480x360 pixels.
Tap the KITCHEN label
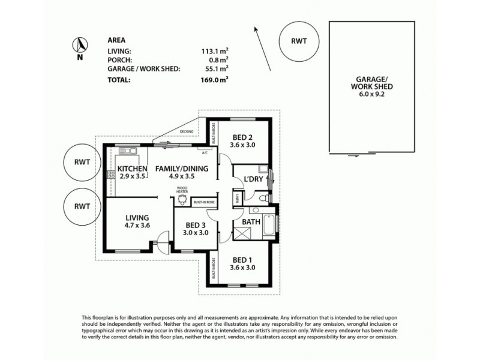click(x=133, y=169)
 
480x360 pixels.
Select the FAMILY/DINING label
click(x=182, y=169)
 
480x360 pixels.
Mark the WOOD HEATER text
click(x=182, y=191)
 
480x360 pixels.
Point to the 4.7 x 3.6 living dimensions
click(x=137, y=226)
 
